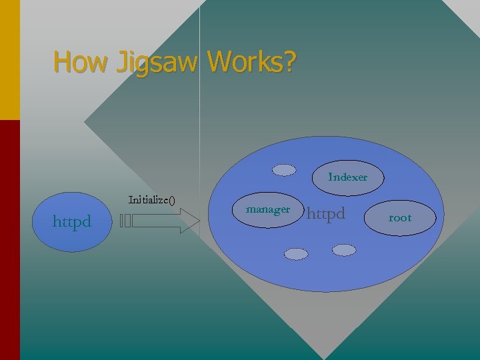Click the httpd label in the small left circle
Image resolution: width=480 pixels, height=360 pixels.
click(x=72, y=221)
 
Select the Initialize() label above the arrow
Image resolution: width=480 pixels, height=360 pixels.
click(x=151, y=199)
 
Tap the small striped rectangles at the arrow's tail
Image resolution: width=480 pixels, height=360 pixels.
click(x=127, y=221)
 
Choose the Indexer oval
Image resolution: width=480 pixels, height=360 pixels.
click(x=347, y=177)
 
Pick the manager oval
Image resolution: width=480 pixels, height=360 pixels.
click(x=268, y=209)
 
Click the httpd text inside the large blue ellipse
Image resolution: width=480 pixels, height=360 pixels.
click(x=326, y=213)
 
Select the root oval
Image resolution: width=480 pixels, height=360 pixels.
click(x=400, y=217)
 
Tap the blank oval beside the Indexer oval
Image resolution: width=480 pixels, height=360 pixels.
click(x=285, y=170)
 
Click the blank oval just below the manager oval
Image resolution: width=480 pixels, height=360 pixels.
click(x=296, y=253)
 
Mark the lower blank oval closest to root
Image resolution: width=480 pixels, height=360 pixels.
click(x=344, y=249)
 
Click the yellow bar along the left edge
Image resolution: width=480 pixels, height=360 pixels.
click(x=9, y=60)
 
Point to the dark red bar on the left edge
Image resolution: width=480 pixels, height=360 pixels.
click(x=9, y=240)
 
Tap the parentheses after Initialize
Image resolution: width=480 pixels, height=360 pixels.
click(x=171, y=199)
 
